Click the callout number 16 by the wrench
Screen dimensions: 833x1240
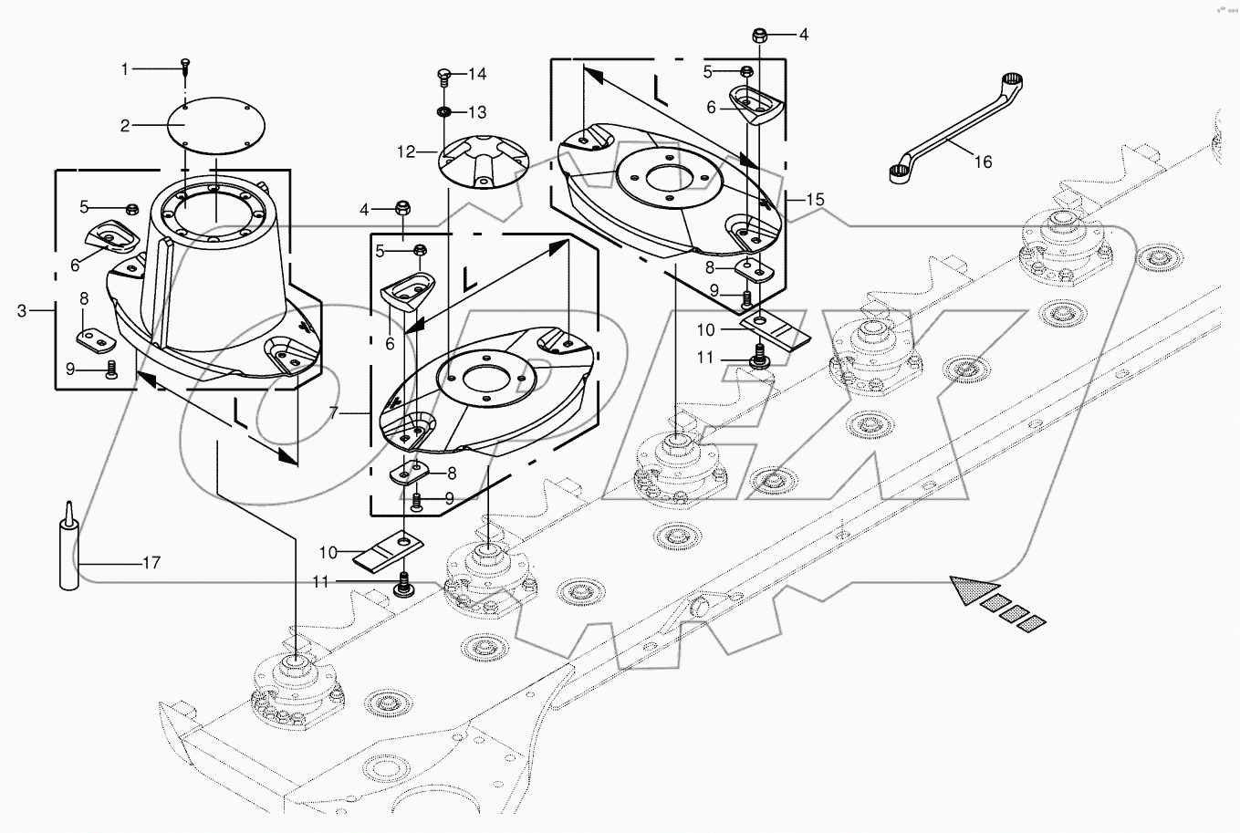coord(982,161)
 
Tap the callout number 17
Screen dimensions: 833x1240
coord(151,563)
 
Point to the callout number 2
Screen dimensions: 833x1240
coord(126,125)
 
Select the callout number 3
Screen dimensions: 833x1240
coord(22,311)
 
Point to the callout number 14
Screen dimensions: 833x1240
coord(478,73)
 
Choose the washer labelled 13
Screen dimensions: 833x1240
coord(445,111)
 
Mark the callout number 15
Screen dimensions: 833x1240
coord(815,199)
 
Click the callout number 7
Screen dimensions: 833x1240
coord(334,413)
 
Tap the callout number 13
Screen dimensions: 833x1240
coord(478,112)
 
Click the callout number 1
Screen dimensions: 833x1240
coord(127,68)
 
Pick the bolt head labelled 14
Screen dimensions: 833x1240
coord(445,74)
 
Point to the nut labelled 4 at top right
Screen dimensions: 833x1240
coord(760,36)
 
